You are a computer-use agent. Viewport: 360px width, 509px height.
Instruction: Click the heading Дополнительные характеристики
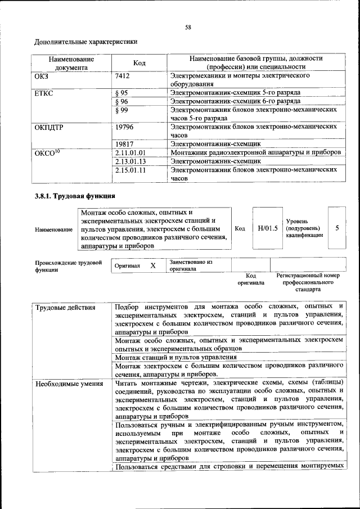(85, 42)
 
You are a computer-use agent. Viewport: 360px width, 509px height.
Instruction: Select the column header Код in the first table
(139, 63)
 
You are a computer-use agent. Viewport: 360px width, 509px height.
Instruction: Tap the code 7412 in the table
(123, 75)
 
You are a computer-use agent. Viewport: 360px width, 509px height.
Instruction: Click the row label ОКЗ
(42, 75)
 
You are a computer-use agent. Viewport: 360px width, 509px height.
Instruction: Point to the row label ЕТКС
(44, 92)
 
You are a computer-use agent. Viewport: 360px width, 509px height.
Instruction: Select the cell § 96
(121, 101)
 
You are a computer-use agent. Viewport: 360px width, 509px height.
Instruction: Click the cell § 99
(121, 110)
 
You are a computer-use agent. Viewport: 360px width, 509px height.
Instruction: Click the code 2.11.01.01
(130, 152)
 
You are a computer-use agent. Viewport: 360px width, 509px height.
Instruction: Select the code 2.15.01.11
(130, 169)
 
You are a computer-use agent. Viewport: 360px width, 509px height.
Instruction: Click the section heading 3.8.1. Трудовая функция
(75, 196)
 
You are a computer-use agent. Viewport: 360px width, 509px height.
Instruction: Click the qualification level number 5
(337, 228)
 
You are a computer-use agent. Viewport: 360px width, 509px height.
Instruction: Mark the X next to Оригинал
(152, 265)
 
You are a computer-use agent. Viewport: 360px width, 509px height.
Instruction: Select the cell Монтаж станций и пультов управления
(175, 357)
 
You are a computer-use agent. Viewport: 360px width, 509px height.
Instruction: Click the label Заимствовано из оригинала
(191, 265)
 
